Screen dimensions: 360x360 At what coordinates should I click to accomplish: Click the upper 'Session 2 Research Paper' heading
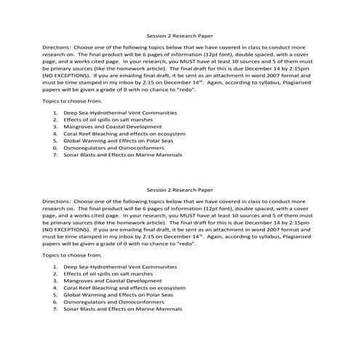click(180, 34)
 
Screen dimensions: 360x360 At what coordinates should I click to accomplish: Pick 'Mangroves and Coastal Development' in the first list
click(105, 127)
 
